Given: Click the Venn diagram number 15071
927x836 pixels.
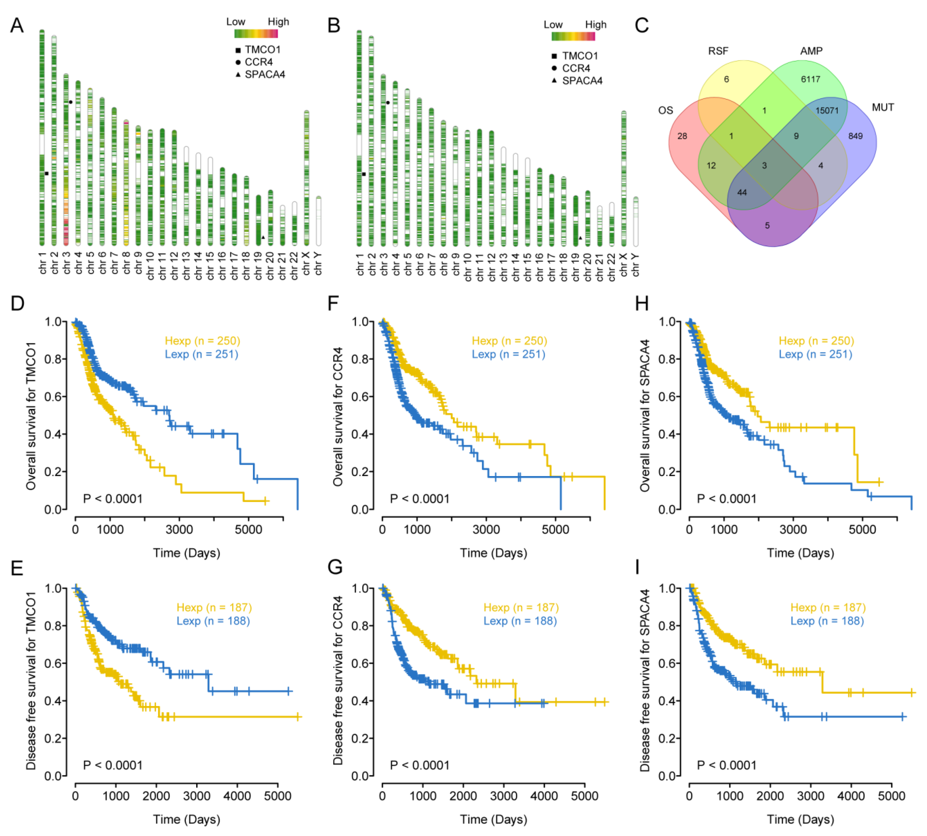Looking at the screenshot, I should [827, 111].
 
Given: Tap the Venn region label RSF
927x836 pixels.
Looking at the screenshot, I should [718, 51].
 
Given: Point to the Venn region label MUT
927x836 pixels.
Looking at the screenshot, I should [883, 107].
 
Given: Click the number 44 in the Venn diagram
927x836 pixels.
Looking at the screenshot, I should [742, 192].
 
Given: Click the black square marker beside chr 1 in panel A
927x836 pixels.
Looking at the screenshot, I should [46, 173].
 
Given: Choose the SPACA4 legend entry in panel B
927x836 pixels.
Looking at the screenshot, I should [582, 81].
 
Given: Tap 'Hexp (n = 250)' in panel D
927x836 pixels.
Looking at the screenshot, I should [202, 341].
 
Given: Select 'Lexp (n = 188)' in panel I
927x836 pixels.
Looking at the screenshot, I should [827, 621].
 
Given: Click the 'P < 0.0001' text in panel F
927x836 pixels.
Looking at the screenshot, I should [419, 499].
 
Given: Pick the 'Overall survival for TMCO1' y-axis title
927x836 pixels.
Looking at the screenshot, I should [31, 416].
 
